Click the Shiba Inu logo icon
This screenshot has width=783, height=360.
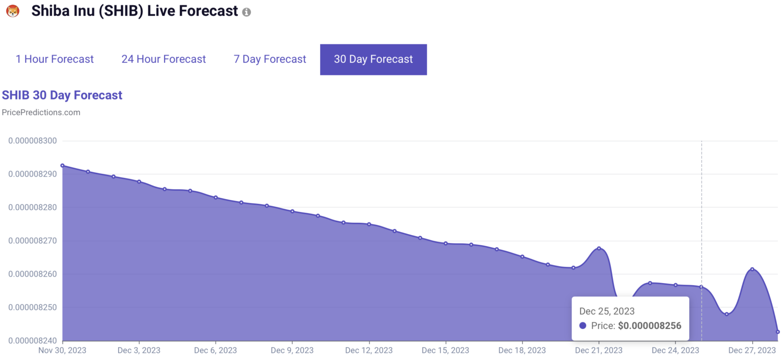(13, 11)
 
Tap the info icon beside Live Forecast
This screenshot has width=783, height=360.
(247, 12)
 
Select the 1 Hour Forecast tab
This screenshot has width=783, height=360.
(55, 59)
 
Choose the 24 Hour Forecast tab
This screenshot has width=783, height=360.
(164, 59)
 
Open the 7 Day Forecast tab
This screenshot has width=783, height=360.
(270, 59)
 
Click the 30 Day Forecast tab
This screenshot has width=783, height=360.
(373, 59)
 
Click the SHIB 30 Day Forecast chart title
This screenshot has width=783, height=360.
(62, 95)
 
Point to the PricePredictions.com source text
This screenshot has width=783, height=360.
(41, 112)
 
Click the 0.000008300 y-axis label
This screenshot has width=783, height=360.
(33, 141)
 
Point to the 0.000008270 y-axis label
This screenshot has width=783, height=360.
(33, 241)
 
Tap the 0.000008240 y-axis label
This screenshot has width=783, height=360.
(33, 341)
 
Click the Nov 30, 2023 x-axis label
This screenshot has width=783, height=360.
(63, 350)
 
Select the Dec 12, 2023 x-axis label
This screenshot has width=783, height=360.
(369, 350)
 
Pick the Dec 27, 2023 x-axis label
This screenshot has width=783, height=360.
(752, 350)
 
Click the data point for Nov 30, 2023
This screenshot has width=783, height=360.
(62, 166)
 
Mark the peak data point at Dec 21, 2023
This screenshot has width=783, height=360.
(599, 248)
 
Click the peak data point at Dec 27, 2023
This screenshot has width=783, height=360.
(752, 269)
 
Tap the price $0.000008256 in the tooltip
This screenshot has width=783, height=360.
(649, 326)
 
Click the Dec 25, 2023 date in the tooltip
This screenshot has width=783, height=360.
(607, 311)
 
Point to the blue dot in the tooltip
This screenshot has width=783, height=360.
(583, 326)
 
